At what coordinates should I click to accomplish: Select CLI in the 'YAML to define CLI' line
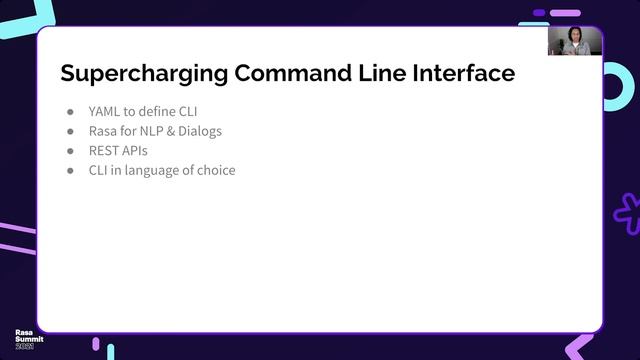[x=187, y=112]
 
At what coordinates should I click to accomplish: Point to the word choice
[x=216, y=170]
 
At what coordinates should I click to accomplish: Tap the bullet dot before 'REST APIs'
[x=71, y=151]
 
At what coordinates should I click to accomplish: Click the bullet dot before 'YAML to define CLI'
[x=71, y=112]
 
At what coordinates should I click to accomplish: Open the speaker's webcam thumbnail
[x=575, y=41]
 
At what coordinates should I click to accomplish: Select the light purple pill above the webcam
[x=566, y=13]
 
